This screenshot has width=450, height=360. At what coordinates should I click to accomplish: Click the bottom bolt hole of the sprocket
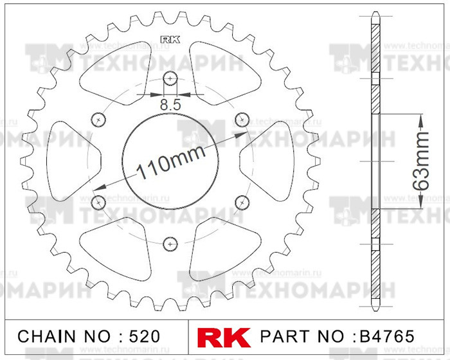pos(170,243)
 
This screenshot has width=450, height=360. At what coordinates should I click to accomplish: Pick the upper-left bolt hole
pos(98,118)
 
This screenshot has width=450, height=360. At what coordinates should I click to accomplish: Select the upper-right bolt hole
pos(242,118)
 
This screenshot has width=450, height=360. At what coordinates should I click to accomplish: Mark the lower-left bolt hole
pos(98,203)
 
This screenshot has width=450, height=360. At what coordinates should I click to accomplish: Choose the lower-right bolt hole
pos(242,203)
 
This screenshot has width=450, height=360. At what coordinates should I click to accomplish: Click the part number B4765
pos(383,336)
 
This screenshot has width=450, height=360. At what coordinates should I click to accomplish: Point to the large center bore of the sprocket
pos(170,186)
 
